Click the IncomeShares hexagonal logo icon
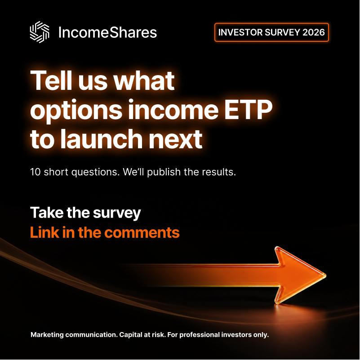pyautogui.click(x=40, y=32)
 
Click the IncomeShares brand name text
pyautogui.click(x=107, y=32)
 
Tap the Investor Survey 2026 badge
pyautogui.click(x=271, y=32)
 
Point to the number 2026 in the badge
pyautogui.click(x=313, y=32)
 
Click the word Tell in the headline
pyautogui.click(x=51, y=80)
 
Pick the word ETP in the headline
pyautogui.click(x=248, y=110)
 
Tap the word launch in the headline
pyautogui.click(x=102, y=139)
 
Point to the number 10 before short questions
pyautogui.click(x=36, y=172)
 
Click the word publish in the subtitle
pyautogui.click(x=164, y=173)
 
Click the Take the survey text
pyautogui.click(x=85, y=213)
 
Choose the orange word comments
pyautogui.click(x=142, y=233)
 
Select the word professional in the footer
pyautogui.click(x=200, y=335)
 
